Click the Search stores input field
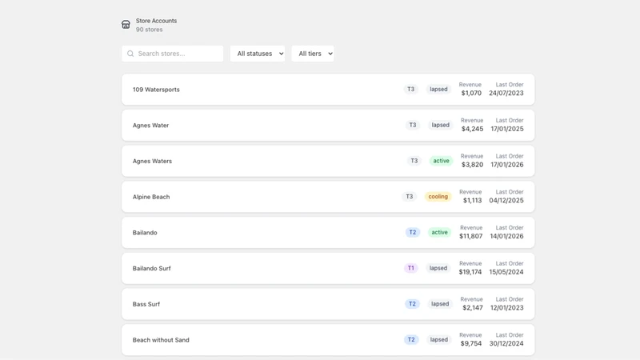pyautogui.click(x=172, y=54)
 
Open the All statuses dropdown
pyautogui.click(x=258, y=54)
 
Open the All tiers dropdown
pyautogui.click(x=313, y=54)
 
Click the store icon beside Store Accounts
pyautogui.click(x=126, y=25)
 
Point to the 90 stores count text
pyautogui.click(x=149, y=30)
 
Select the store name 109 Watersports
pyautogui.click(x=156, y=90)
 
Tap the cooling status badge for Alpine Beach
pyautogui.click(x=438, y=196)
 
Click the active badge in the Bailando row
pyautogui.click(x=439, y=232)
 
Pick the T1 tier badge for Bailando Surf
pyautogui.click(x=410, y=268)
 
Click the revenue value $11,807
pyautogui.click(x=471, y=236)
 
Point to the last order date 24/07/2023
pyautogui.click(x=506, y=93)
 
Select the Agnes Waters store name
pyautogui.click(x=152, y=161)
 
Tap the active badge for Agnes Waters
pyautogui.click(x=442, y=161)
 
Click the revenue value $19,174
pyautogui.click(x=470, y=272)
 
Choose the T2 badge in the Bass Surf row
pyautogui.click(x=412, y=304)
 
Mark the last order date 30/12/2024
pyautogui.click(x=506, y=343)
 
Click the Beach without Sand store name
pyautogui.click(x=161, y=339)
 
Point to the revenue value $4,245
pyautogui.click(x=472, y=129)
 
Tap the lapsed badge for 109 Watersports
pyautogui.click(x=438, y=89)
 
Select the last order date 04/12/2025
pyautogui.click(x=506, y=200)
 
